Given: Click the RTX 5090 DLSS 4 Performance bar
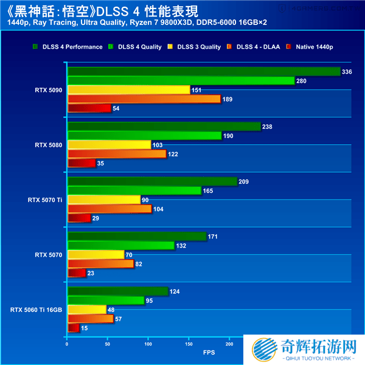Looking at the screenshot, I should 204,72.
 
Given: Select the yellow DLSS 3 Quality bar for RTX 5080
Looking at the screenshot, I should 109,145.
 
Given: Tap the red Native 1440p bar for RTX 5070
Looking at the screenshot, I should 77,273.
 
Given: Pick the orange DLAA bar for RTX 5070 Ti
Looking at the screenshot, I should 109,209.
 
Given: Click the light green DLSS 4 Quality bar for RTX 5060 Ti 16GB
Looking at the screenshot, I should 106,301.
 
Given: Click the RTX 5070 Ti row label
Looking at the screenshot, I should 45,200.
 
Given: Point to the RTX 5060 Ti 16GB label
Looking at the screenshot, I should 36,310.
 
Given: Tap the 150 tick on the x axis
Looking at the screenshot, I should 188,344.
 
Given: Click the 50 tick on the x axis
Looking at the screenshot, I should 107,344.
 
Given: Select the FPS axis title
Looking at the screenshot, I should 209,352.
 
